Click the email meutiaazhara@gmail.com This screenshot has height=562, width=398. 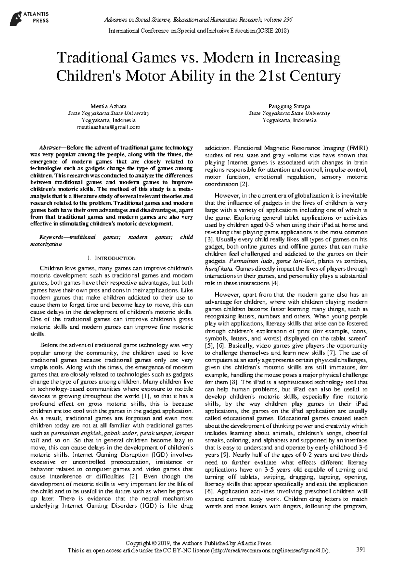coord(108,127)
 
